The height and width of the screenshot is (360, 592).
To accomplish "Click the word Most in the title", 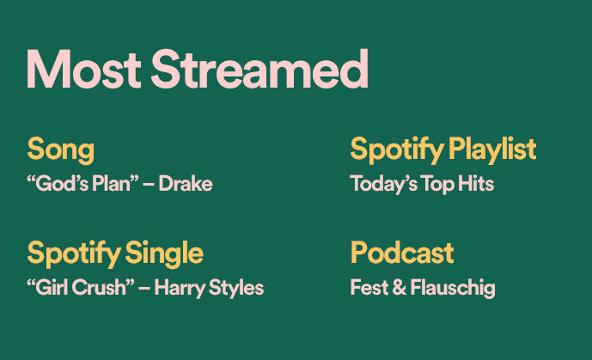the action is [84, 69].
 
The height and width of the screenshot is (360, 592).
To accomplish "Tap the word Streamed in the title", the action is [259, 69].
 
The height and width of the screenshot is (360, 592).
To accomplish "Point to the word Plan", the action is [115, 184].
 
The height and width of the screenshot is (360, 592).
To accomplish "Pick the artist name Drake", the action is [186, 184].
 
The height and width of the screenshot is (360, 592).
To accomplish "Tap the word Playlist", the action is [492, 149].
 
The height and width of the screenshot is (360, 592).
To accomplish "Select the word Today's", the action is [383, 184].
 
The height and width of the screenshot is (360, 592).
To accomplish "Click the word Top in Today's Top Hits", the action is [437, 184].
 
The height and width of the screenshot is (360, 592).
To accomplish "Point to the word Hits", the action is [476, 183].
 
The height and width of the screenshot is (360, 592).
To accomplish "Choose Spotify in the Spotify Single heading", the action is [74, 253].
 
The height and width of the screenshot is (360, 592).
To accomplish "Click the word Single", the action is [164, 253].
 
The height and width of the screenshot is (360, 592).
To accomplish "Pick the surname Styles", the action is [236, 289].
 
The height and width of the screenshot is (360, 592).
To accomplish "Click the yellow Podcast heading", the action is [402, 253].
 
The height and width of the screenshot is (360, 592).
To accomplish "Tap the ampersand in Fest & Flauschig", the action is [399, 288].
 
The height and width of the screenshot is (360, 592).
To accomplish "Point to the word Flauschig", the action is [453, 289].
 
